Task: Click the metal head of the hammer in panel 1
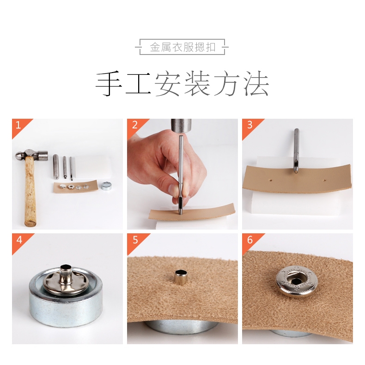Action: [31, 154]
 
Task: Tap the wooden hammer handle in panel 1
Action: [30, 191]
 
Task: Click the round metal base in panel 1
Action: [106, 187]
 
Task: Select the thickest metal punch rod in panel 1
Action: [55, 167]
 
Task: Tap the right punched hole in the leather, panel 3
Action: [324, 180]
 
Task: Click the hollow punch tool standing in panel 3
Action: [296, 151]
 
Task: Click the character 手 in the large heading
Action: [109, 83]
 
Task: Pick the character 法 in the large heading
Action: [256, 83]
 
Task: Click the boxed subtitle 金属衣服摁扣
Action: [182, 47]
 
